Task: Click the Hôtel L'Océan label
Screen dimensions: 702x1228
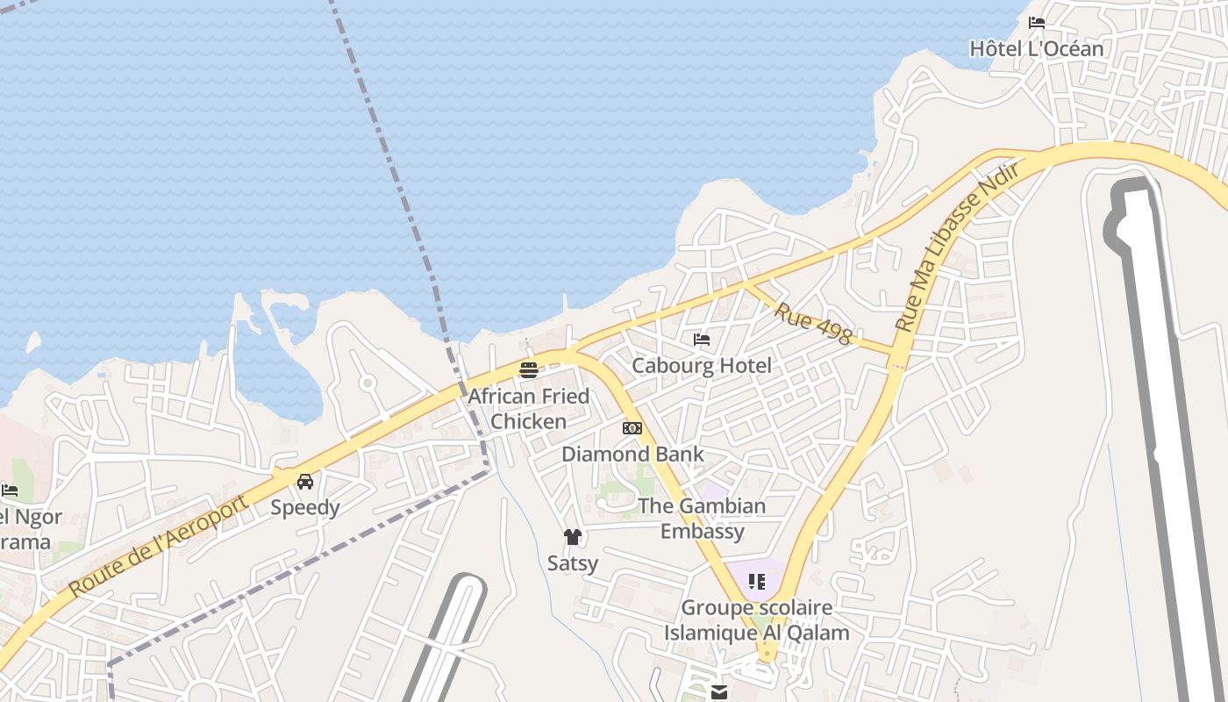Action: (x=1036, y=48)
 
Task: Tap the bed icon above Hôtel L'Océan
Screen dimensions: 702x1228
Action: (x=1037, y=23)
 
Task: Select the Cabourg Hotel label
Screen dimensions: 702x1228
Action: (x=702, y=365)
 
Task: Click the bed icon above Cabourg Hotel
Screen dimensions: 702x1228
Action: (x=702, y=340)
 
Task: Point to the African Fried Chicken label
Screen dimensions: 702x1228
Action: (x=528, y=408)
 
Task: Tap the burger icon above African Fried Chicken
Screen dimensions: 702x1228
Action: (x=528, y=369)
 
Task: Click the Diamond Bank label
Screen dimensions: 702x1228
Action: (x=632, y=454)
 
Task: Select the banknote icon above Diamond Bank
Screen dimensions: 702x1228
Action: (x=632, y=428)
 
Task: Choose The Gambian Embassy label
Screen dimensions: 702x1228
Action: (x=702, y=518)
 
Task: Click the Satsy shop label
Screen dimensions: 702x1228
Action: (x=573, y=562)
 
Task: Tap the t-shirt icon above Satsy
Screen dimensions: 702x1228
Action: (x=573, y=537)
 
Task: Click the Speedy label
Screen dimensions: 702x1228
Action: (x=304, y=507)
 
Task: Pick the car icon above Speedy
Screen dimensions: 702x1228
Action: (x=305, y=482)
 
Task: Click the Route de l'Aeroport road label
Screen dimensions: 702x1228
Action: (x=158, y=546)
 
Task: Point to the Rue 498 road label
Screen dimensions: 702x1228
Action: (x=813, y=324)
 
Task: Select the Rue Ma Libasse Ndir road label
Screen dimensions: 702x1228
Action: (x=957, y=247)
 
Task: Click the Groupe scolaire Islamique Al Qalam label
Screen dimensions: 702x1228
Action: (x=756, y=620)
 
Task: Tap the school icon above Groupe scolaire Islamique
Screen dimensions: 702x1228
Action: (x=757, y=581)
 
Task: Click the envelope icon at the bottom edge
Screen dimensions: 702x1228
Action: (x=719, y=692)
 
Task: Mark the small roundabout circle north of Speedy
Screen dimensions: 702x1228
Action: (x=368, y=383)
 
